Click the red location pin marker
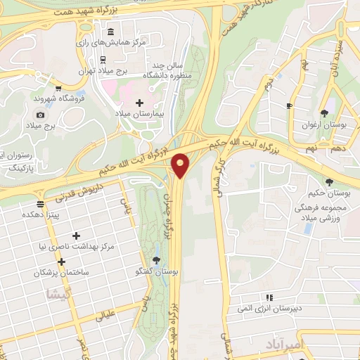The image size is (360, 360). pos(181,165)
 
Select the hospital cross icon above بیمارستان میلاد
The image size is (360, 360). pos(139,103)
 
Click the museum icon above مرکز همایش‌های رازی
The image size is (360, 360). pos(112,32)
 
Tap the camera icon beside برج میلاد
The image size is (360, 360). pos(41,115)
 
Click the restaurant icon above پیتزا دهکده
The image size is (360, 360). pos(41,203)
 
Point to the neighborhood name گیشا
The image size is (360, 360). pos(58,295)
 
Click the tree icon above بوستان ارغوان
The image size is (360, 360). pos(325,112)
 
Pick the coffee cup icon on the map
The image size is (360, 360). pos(289,105)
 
